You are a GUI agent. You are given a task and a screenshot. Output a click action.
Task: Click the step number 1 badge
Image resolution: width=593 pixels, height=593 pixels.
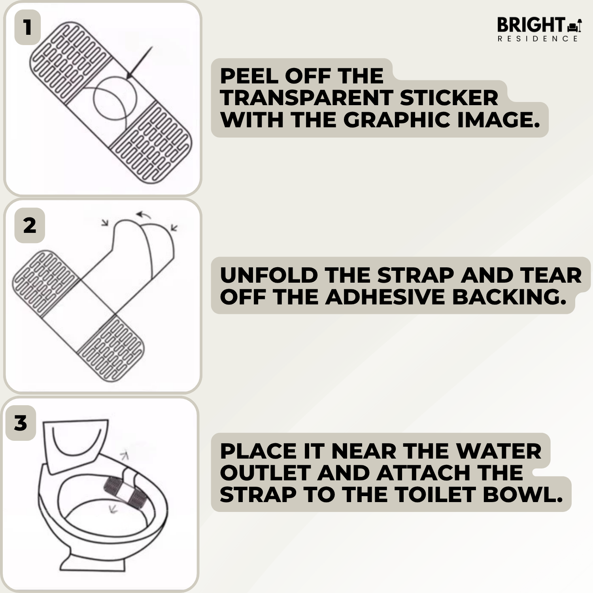(27, 27)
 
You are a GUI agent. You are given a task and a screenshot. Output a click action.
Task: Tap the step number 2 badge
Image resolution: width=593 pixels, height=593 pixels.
(30, 225)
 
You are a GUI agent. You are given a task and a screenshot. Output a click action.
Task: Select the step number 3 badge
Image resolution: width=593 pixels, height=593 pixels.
(21, 423)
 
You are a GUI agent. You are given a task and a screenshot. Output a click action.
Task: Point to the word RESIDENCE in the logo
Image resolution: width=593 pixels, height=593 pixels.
(538, 39)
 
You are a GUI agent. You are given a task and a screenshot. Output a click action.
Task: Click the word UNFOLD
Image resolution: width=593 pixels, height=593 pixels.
(269, 275)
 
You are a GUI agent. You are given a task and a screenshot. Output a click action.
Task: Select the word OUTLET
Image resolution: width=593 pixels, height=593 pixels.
(265, 473)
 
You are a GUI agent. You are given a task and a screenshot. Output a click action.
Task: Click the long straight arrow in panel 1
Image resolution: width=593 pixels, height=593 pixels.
(139, 63)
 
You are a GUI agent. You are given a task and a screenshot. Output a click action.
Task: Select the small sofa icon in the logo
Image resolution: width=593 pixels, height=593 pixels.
(572, 27)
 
